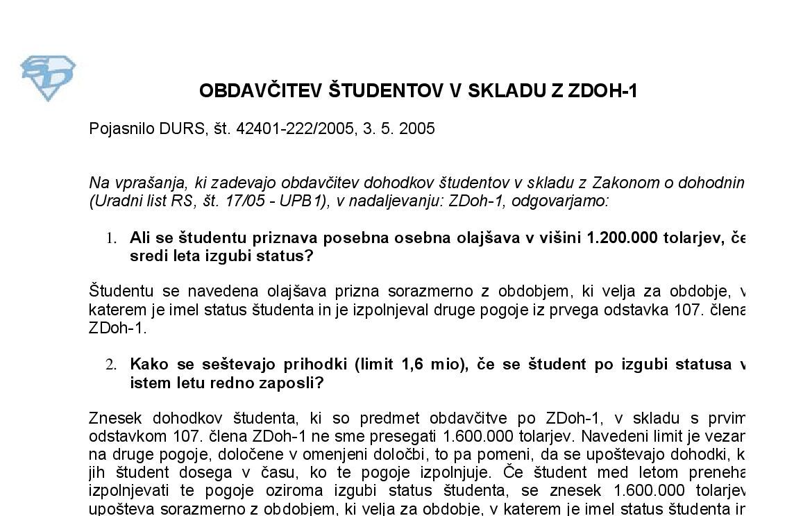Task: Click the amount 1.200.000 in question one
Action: [622, 238]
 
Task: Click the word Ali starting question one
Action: [140, 238]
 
